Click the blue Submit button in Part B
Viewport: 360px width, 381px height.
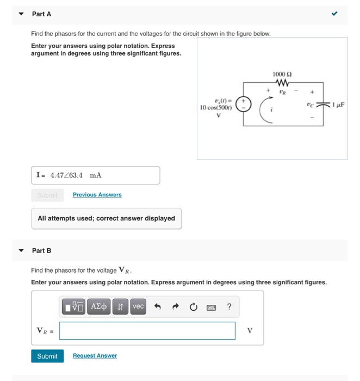point(47,356)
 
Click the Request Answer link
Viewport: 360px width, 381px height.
point(95,356)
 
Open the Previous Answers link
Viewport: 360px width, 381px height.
point(97,195)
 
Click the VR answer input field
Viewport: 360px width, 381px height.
point(147,330)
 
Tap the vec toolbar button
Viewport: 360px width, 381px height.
point(138,307)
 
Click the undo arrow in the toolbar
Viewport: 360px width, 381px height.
point(158,307)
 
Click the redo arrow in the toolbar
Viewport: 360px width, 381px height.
point(176,307)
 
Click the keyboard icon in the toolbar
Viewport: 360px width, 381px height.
point(211,307)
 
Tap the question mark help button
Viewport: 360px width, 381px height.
point(229,307)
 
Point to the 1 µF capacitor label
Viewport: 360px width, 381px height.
point(337,103)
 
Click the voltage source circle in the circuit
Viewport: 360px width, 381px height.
point(245,103)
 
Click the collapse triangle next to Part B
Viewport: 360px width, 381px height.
point(21,251)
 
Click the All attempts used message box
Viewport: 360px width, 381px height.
point(106,218)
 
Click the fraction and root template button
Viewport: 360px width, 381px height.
point(73,307)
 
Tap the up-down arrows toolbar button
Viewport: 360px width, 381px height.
point(120,307)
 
